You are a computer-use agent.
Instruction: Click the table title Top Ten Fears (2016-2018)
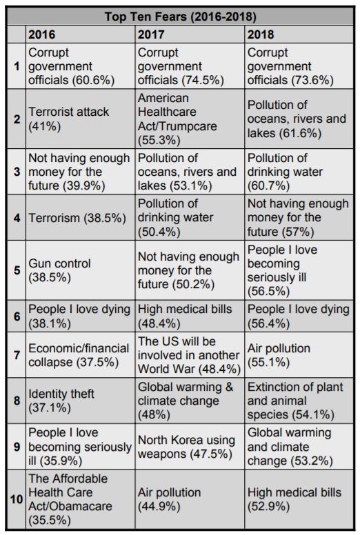coord(180,17)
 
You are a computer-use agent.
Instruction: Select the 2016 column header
coord(41,34)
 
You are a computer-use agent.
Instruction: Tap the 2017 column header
coord(151,34)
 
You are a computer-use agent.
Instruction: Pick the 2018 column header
coord(261,34)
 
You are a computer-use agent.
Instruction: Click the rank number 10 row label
coord(17,499)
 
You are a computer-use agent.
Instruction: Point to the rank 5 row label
coord(17,270)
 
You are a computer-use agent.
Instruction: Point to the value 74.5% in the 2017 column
coord(203,80)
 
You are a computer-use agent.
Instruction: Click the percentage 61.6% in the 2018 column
coord(300,133)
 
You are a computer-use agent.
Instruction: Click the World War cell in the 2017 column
coord(189,355)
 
